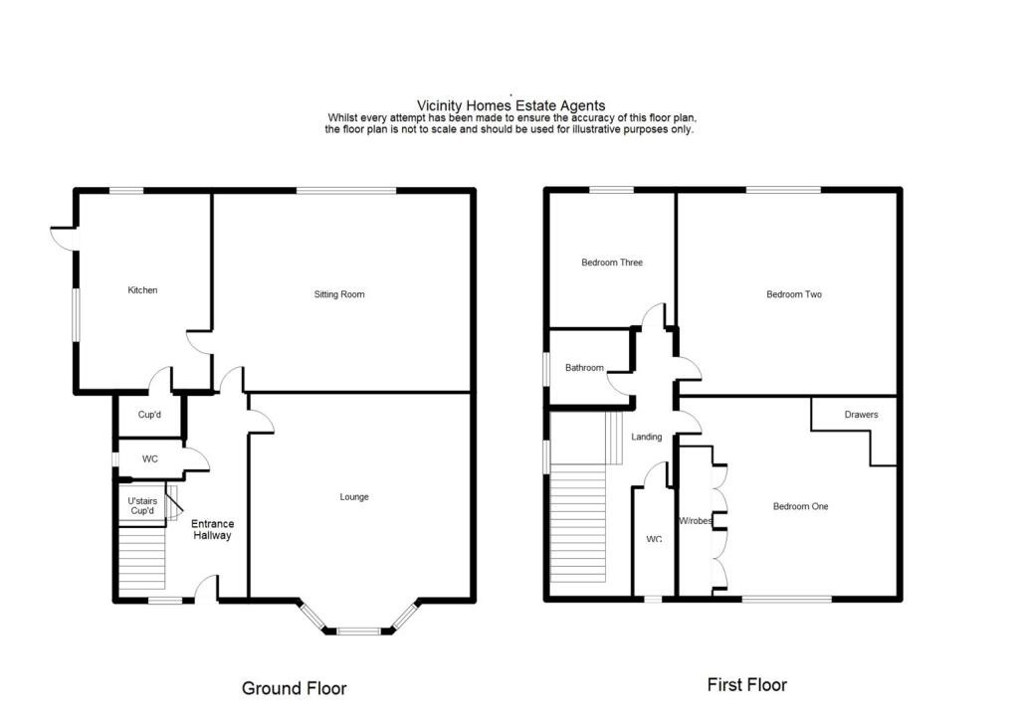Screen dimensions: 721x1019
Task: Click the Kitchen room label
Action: [142, 290]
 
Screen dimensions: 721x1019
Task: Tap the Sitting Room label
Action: [339, 294]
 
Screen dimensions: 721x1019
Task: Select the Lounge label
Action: [354, 497]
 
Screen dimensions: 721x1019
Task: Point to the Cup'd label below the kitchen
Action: [149, 416]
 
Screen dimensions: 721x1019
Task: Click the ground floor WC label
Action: [150, 459]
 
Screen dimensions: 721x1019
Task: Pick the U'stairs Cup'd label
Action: [142, 506]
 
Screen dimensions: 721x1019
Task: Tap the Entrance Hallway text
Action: [212, 529]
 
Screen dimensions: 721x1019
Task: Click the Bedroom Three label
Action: [612, 263]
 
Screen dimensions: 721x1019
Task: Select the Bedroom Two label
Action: [793, 294]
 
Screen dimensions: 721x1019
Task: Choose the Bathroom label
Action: [584, 368]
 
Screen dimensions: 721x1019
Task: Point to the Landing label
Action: [648, 437]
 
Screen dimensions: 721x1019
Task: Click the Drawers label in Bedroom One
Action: [861, 415]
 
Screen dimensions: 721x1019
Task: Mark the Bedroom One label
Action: [800, 506]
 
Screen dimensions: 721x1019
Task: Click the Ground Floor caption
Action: [295, 687]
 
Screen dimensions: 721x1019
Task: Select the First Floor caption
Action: [746, 684]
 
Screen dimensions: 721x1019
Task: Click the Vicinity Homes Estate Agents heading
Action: [510, 105]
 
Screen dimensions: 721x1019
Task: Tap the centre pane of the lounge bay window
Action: [359, 631]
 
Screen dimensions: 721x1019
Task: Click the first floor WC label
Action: [654, 539]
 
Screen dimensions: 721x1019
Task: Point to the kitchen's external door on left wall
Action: [63, 238]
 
